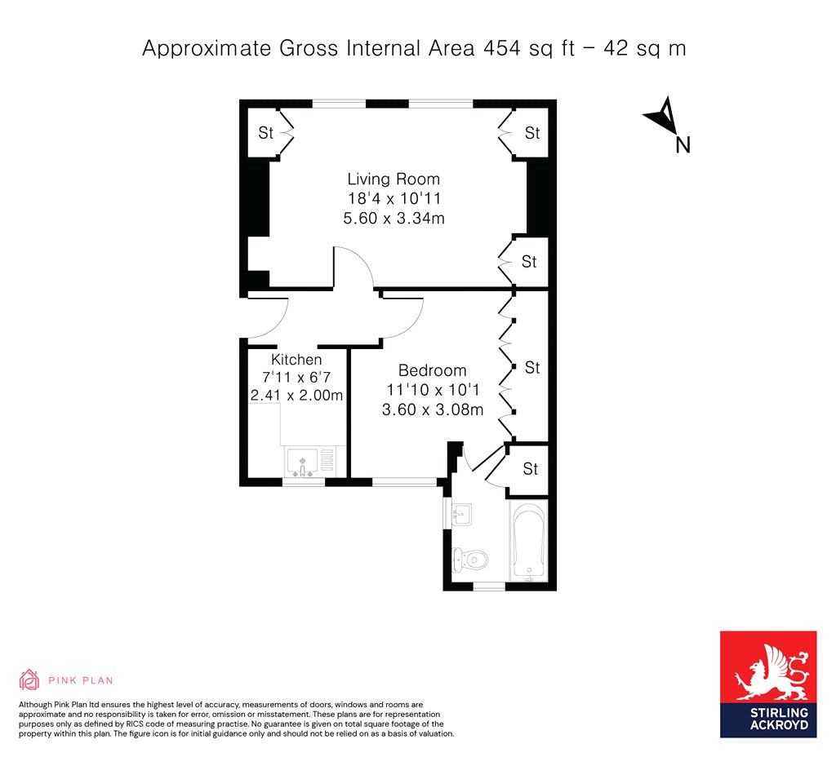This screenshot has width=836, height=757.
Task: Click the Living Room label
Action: coord(394,179)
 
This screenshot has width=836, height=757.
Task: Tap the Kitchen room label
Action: coord(296,359)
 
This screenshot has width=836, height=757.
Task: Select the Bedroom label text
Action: coord(433,370)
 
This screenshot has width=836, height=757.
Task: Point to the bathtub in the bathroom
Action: coord(528,541)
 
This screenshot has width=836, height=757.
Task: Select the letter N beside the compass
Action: coord(683,145)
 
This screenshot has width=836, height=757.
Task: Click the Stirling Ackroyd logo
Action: coord(768,684)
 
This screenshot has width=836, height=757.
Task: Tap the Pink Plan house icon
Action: coord(29,680)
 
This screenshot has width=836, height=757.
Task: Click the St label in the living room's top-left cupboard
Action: coord(265,132)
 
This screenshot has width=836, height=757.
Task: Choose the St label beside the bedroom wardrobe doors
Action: coord(532,368)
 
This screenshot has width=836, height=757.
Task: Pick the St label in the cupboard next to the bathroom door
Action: coord(531,469)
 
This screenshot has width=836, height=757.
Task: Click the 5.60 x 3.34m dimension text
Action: coord(394,218)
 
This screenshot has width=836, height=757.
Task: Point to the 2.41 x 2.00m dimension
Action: coord(296,396)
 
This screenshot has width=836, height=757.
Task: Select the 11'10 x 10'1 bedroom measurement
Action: coord(433,389)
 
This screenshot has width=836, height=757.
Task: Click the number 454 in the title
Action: coord(502,48)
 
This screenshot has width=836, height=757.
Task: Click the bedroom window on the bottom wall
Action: coord(404,482)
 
